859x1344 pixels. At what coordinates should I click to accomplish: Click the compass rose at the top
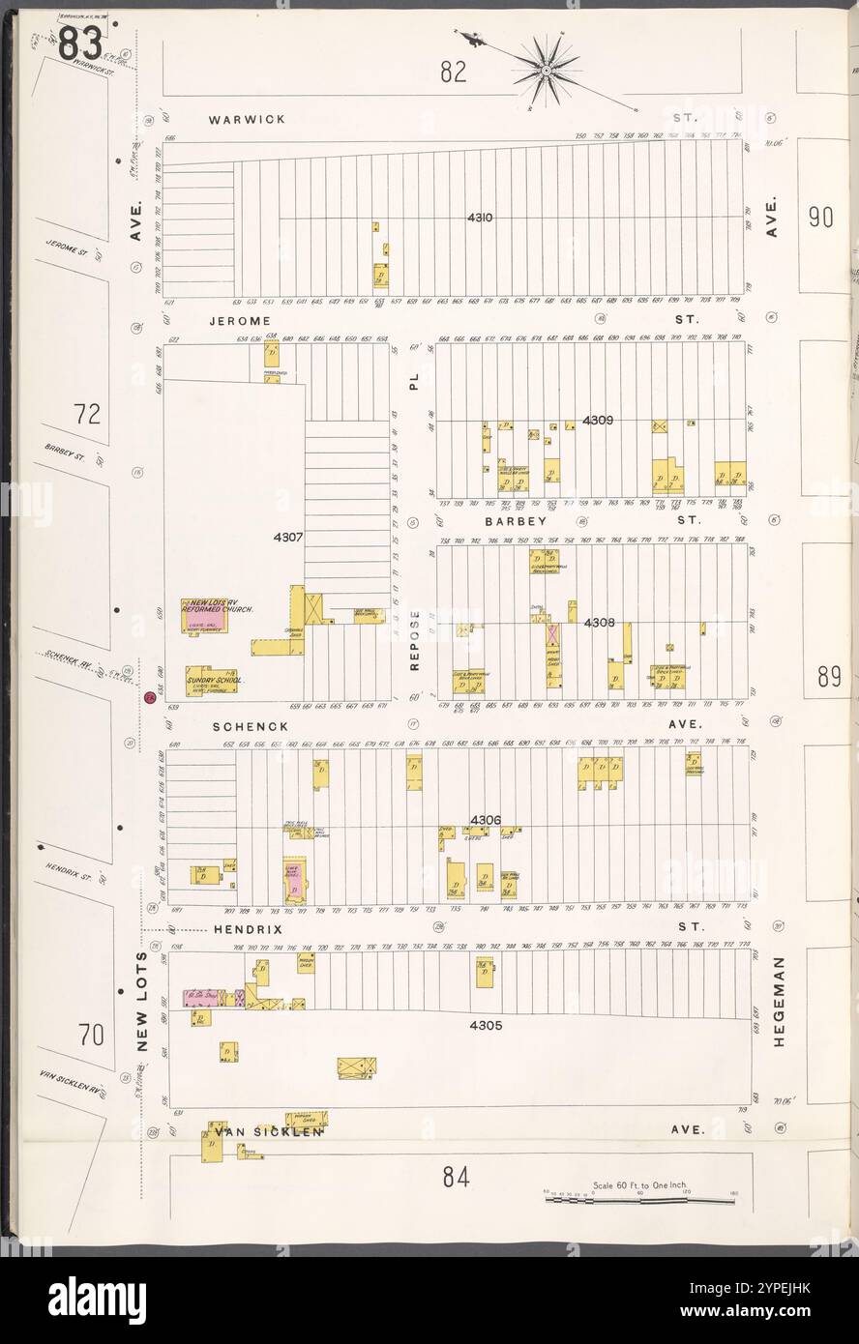(546, 69)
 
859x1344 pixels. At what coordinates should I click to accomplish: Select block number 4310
(480, 218)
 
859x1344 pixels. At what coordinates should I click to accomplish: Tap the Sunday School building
(212, 679)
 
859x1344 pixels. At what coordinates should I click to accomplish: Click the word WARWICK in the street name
(246, 120)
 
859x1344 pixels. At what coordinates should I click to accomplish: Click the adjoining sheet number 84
(456, 1177)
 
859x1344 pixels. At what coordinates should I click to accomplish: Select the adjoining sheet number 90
(820, 218)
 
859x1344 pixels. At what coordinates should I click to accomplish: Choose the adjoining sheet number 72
(87, 415)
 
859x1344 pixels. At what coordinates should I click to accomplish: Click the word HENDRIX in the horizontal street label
(248, 929)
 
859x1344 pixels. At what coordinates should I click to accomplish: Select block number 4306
(486, 820)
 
